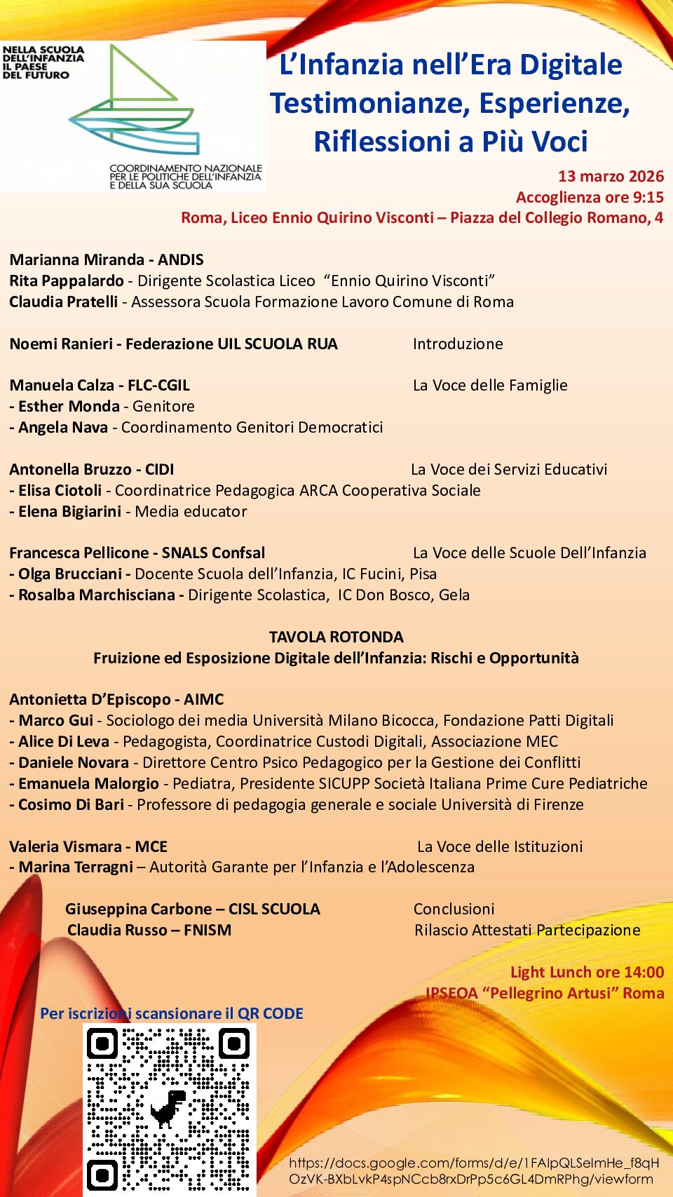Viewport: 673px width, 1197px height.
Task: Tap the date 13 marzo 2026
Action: tap(611, 176)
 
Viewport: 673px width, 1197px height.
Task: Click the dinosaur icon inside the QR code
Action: tap(168, 1108)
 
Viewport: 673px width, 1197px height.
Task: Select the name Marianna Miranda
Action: tap(76, 259)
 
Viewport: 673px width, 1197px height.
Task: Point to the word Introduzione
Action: tap(458, 344)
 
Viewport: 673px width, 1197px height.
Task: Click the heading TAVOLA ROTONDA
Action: tap(336, 637)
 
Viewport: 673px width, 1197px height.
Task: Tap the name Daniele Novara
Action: tap(74, 762)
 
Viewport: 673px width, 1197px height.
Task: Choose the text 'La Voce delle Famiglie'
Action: tap(490, 385)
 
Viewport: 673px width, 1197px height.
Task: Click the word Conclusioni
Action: tap(454, 909)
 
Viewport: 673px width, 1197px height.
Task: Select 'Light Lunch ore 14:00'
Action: tap(587, 972)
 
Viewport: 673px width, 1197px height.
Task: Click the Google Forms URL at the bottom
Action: tap(473, 1171)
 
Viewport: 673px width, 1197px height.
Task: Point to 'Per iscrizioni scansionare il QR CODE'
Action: tap(172, 1013)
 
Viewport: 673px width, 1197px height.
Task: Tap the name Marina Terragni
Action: tap(76, 867)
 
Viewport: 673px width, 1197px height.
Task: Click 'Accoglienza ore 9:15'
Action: tap(590, 197)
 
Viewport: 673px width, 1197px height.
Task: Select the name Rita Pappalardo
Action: tap(67, 280)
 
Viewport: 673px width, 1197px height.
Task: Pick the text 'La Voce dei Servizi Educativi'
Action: tap(509, 469)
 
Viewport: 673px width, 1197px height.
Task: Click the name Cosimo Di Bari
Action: tap(71, 804)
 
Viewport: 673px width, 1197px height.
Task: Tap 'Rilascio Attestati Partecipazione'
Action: tap(527, 930)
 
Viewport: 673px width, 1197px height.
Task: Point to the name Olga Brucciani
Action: tap(70, 574)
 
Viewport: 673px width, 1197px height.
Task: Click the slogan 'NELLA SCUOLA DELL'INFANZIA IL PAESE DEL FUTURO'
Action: tap(43, 62)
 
